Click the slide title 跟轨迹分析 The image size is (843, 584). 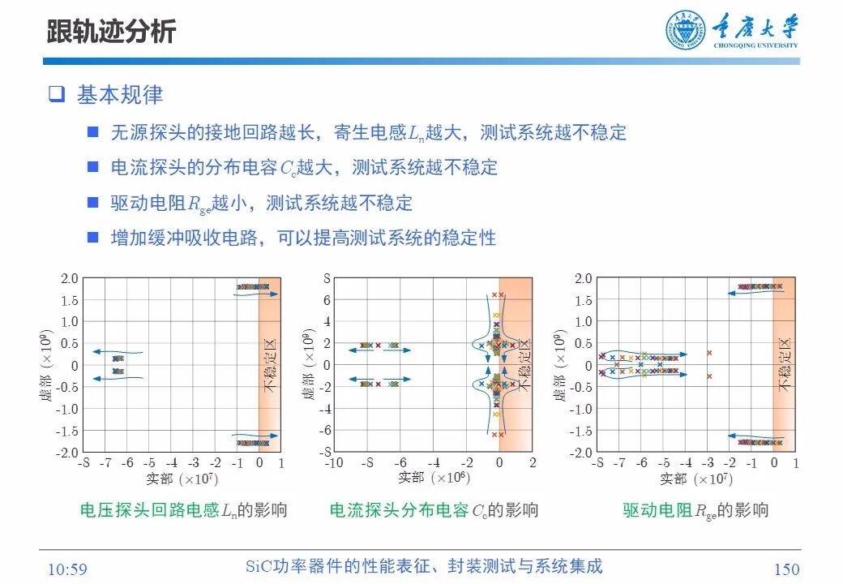(x=110, y=32)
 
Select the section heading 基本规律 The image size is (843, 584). (x=120, y=95)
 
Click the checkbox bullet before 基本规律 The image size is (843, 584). (x=56, y=95)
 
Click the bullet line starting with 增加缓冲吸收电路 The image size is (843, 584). (x=303, y=238)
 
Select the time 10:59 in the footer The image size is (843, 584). (x=67, y=569)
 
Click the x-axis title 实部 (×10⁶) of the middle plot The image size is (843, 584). (x=433, y=478)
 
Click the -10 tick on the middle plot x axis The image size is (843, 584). (x=333, y=463)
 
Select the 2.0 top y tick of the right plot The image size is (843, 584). (x=583, y=279)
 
